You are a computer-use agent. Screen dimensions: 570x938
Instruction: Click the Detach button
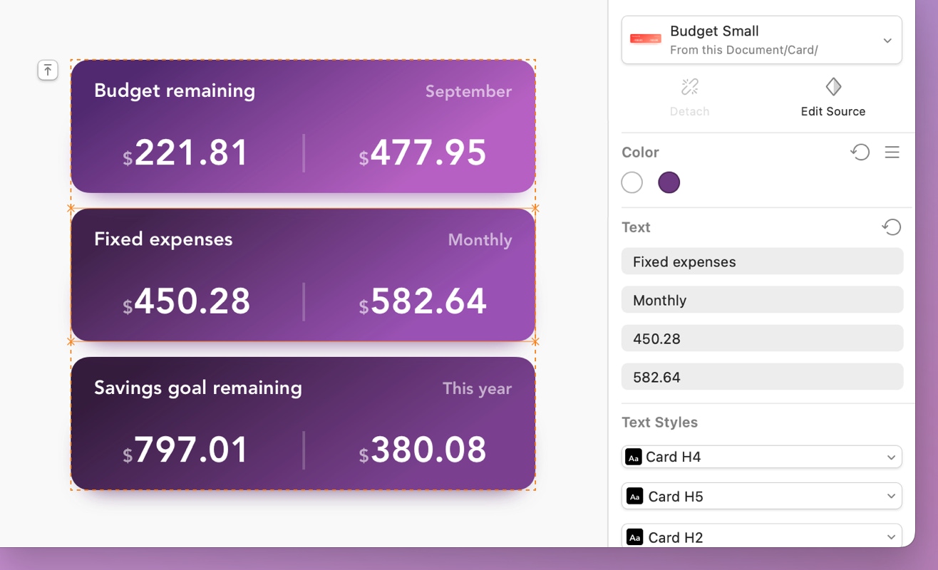(689, 96)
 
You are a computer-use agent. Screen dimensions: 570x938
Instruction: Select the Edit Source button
(833, 96)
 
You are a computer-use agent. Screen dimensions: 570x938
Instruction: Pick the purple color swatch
(669, 183)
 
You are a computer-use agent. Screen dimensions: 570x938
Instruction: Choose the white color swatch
(632, 183)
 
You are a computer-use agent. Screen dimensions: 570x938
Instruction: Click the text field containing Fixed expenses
(762, 261)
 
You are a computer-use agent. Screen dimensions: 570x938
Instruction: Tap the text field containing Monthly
(762, 300)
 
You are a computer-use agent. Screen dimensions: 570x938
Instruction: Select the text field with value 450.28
(762, 338)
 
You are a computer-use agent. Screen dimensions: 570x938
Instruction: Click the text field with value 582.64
(762, 377)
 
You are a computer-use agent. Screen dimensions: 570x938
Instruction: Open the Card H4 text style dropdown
(762, 457)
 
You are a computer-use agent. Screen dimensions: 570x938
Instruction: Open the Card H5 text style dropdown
(762, 496)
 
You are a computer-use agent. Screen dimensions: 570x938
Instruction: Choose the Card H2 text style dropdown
(762, 537)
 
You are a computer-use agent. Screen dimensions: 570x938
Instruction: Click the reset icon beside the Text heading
(891, 227)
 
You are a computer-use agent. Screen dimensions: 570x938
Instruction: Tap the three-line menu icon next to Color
(892, 152)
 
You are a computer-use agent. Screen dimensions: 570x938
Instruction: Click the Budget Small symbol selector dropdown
(762, 40)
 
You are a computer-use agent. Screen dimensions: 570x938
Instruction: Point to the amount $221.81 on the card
(186, 153)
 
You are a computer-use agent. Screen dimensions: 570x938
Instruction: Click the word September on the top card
(468, 91)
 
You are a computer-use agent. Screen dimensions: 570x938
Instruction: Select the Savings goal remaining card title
(198, 388)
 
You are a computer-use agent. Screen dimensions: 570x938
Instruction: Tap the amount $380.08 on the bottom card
(423, 450)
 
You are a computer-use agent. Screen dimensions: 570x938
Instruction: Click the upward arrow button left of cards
(48, 70)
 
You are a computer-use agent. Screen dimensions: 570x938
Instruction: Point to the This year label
(477, 388)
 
